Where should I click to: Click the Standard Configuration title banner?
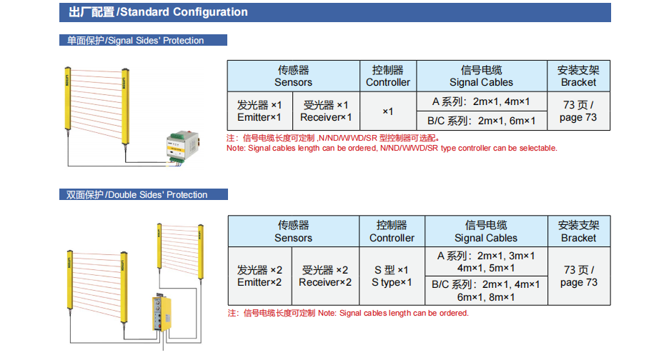[x=335, y=12]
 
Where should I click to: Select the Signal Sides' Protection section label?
[x=142, y=40]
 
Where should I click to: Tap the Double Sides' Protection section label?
[x=143, y=194]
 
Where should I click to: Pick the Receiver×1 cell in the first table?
[x=326, y=111]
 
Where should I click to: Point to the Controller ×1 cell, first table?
[x=388, y=111]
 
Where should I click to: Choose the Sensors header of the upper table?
[x=293, y=76]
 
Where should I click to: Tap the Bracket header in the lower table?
[x=578, y=231]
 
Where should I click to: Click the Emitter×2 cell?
[x=260, y=276]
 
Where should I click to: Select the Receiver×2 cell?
[x=325, y=276]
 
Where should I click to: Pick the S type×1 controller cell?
[x=392, y=276]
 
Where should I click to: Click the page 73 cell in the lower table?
[x=578, y=276]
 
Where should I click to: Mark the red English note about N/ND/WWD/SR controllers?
[x=392, y=148]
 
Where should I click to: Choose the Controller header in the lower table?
[x=392, y=231]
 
